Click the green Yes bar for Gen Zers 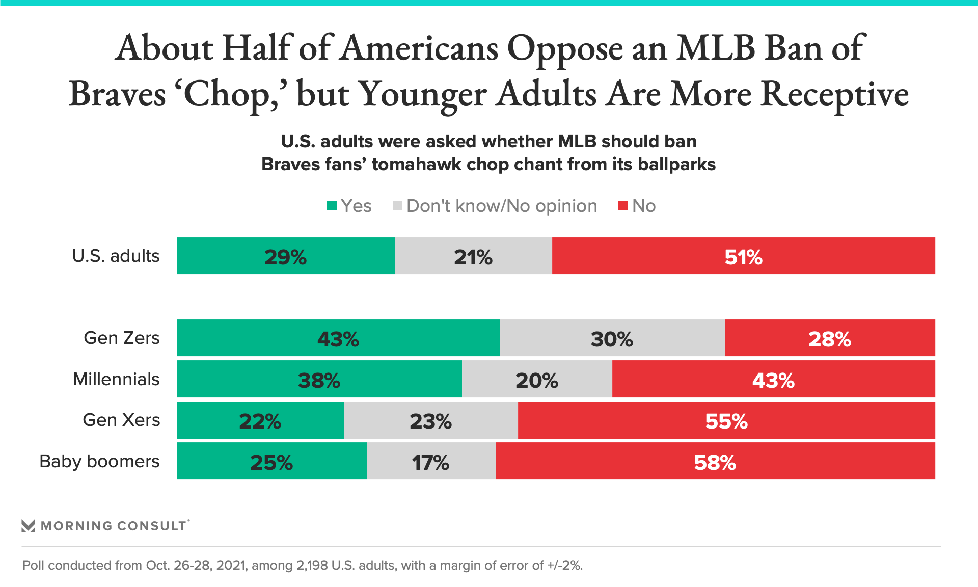(x=338, y=338)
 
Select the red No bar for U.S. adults (x=743, y=256)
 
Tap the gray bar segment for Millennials (x=537, y=379)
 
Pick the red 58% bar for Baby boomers (x=715, y=461)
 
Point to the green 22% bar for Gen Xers (x=260, y=420)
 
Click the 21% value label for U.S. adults (x=473, y=257)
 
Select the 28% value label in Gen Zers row (x=830, y=339)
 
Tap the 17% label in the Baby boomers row (x=430, y=462)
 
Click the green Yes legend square (x=332, y=206)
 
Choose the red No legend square (x=623, y=206)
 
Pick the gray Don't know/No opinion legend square (x=398, y=206)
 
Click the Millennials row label (x=116, y=379)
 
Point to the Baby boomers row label (x=99, y=461)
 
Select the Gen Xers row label (x=121, y=420)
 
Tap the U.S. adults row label (x=116, y=256)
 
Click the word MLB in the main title (x=716, y=48)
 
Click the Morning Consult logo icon (x=28, y=526)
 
